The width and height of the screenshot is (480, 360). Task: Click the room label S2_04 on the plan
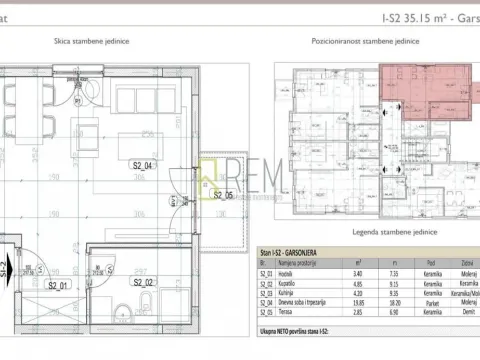(142, 166)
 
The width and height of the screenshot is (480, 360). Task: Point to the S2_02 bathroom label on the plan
(142, 283)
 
